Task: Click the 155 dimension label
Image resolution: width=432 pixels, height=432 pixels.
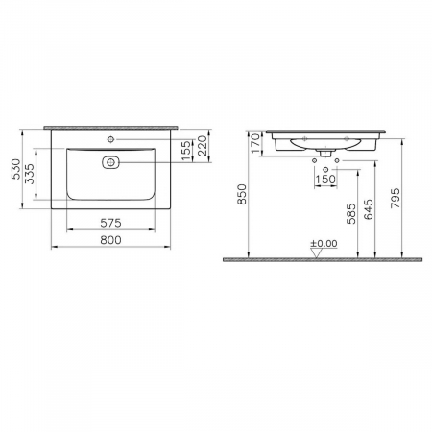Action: point(186,151)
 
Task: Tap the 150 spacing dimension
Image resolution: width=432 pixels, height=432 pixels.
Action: point(326,180)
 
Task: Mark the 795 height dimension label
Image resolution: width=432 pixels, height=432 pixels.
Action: point(395,197)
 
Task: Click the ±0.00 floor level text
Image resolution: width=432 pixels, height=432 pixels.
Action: point(324,244)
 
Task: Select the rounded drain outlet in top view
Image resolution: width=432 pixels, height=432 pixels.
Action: point(111,162)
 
